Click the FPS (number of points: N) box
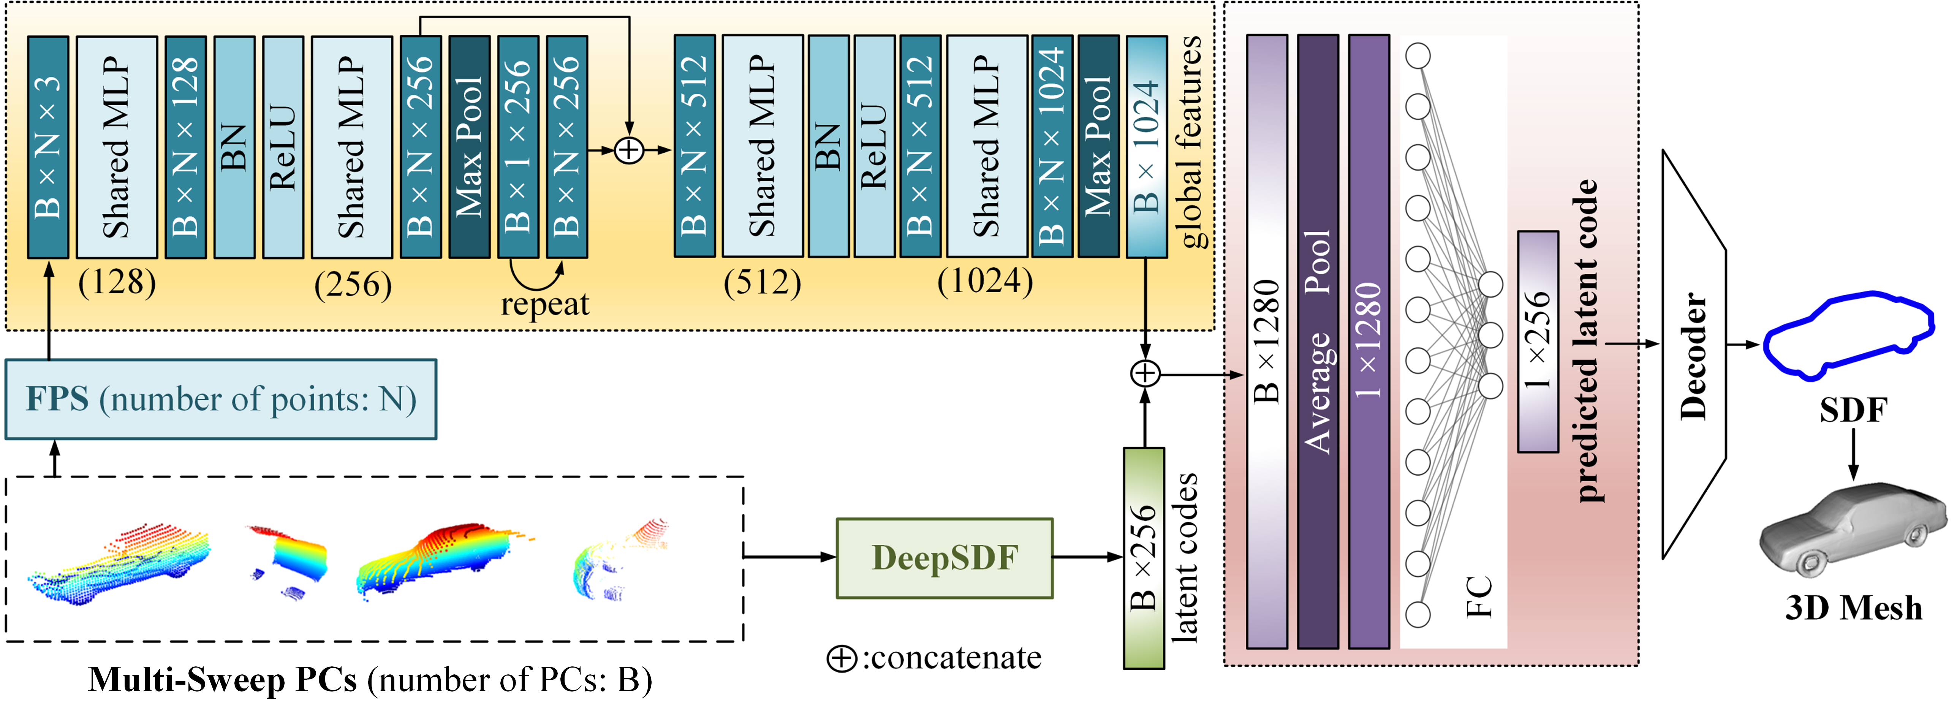point(221,399)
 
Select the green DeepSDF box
point(944,558)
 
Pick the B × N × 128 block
point(185,147)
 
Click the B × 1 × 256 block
point(518,147)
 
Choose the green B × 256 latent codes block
point(1144,558)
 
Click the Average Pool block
point(1318,342)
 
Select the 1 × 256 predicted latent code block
point(1538,342)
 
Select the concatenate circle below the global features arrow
point(1145,373)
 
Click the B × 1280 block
point(1267,342)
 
